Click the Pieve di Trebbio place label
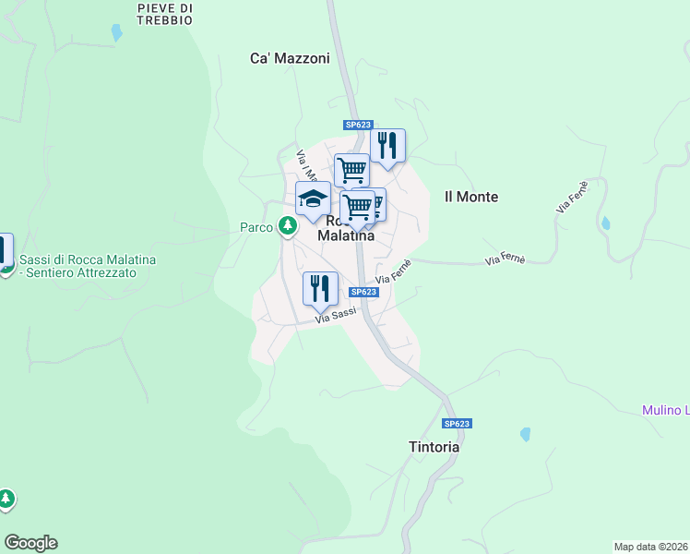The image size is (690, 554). click(164, 14)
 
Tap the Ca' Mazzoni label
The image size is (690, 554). click(290, 58)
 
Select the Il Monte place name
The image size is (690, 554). click(471, 197)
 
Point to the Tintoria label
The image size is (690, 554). click(434, 447)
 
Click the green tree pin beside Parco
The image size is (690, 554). click(289, 225)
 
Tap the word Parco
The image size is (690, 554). click(256, 227)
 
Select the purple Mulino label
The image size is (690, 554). click(665, 410)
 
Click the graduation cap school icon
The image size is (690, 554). click(313, 198)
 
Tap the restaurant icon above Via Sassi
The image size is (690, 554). click(320, 288)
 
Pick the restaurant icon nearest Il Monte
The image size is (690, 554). click(388, 145)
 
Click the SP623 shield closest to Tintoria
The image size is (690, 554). click(457, 424)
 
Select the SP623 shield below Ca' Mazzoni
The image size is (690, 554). click(358, 125)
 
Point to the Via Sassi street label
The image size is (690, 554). click(336, 316)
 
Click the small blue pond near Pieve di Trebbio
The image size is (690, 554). click(116, 32)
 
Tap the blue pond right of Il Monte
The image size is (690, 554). click(605, 223)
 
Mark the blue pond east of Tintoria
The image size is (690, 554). click(526, 434)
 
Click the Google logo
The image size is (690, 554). click(30, 543)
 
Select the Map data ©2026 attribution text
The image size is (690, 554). click(651, 547)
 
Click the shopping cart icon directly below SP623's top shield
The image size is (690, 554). click(351, 170)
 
